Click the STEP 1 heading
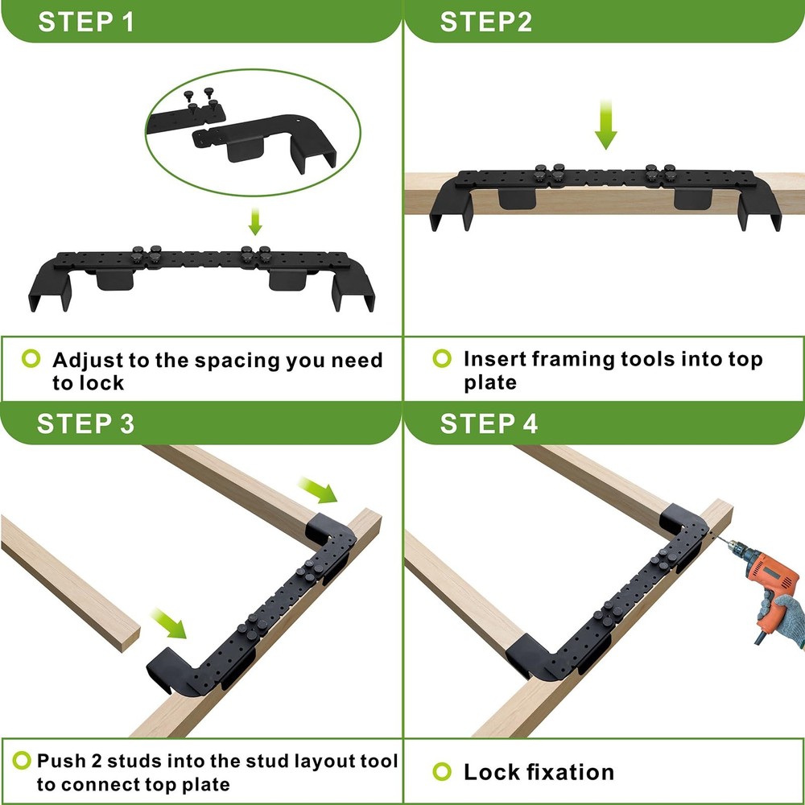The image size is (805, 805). (x=86, y=21)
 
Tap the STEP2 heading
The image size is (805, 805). (x=485, y=21)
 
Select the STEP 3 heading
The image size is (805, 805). (x=86, y=423)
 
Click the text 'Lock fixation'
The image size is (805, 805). (x=538, y=772)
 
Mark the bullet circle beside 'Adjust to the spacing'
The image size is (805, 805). (x=31, y=359)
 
